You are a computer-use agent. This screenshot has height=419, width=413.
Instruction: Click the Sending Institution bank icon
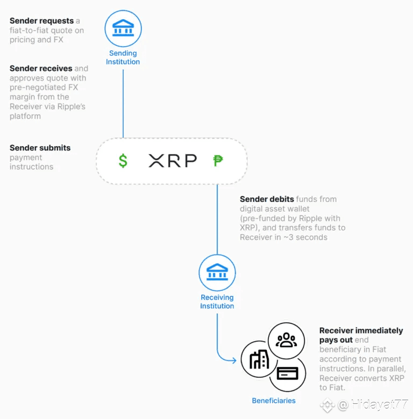pyautogui.click(x=123, y=28)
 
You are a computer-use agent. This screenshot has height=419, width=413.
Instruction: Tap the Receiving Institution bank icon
pyautogui.click(x=217, y=272)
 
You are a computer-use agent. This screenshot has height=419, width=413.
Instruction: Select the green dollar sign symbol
pyautogui.click(x=123, y=161)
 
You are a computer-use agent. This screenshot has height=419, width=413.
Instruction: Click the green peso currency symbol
pyautogui.click(x=218, y=161)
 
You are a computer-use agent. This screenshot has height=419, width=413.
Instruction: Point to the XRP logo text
pyautogui.click(x=173, y=161)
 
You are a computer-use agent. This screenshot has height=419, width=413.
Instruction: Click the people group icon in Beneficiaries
pyautogui.click(x=286, y=340)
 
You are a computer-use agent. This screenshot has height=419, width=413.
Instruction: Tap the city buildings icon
pyautogui.click(x=259, y=359)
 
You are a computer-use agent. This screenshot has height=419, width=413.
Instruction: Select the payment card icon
pyautogui.click(x=288, y=373)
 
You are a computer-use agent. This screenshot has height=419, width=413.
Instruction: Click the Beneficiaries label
pyautogui.click(x=274, y=401)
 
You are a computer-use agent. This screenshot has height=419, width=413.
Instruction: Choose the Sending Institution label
pyautogui.click(x=123, y=57)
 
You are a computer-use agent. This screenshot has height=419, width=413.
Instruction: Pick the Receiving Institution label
pyautogui.click(x=217, y=302)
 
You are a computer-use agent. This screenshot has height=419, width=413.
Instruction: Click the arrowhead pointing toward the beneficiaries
pyautogui.click(x=234, y=360)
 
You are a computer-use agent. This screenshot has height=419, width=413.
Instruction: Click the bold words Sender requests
pyautogui.click(x=41, y=21)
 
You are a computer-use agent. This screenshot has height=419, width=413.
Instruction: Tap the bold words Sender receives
pyautogui.click(x=41, y=68)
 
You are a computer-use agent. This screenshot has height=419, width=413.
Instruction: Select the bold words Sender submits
pyautogui.click(x=40, y=148)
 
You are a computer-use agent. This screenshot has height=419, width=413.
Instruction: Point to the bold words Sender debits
pyautogui.click(x=267, y=199)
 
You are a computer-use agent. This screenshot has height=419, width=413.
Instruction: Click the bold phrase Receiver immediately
pyautogui.click(x=361, y=330)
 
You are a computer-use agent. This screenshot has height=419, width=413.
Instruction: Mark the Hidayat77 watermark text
pyautogui.click(x=379, y=404)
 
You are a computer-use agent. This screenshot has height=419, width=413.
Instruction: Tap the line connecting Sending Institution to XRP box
pyautogui.click(x=123, y=104)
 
